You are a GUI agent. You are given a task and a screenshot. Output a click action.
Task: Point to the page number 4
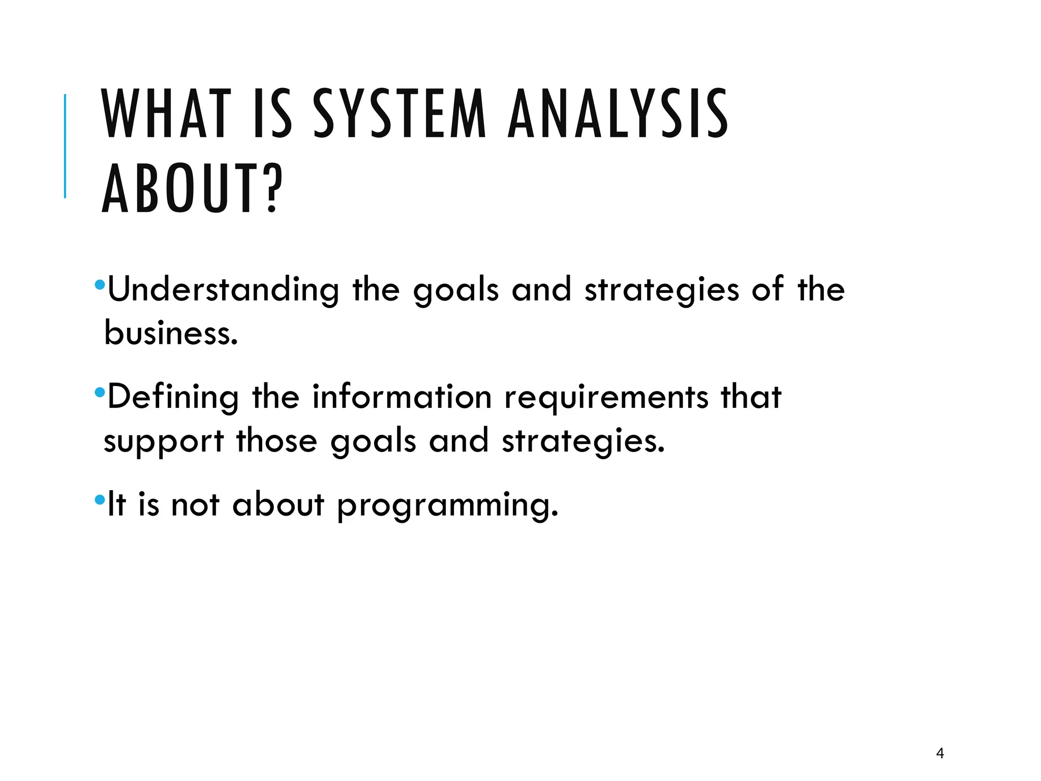click(940, 753)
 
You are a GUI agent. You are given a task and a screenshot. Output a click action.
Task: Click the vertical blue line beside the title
click(65, 146)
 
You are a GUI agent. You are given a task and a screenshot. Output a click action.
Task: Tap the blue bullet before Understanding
click(100, 284)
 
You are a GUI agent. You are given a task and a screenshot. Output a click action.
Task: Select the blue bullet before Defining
click(100, 392)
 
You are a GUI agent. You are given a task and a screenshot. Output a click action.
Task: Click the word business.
click(171, 334)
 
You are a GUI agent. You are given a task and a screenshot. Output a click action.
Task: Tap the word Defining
click(173, 398)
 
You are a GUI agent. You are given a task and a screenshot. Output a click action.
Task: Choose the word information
click(402, 397)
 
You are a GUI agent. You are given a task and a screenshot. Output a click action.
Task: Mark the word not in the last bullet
click(195, 505)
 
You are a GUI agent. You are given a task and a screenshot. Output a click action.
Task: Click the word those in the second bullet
click(277, 440)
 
